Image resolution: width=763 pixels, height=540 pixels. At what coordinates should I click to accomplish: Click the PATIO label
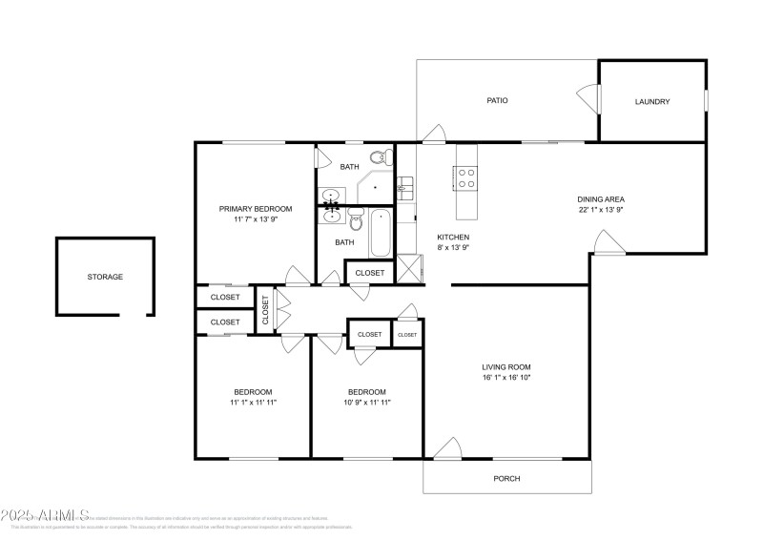pyautogui.click(x=496, y=100)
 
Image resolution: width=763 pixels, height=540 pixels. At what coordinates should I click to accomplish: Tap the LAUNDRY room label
pyautogui.click(x=652, y=101)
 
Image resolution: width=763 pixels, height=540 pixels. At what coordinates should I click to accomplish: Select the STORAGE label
pyautogui.click(x=105, y=277)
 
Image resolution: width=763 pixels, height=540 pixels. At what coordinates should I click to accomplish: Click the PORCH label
pyautogui.click(x=505, y=478)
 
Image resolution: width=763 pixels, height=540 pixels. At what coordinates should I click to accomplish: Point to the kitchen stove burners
pyautogui.click(x=468, y=177)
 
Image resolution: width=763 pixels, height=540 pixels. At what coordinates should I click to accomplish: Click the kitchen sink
pyautogui.click(x=403, y=187)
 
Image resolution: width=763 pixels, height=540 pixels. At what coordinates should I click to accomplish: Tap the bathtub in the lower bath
pyautogui.click(x=380, y=234)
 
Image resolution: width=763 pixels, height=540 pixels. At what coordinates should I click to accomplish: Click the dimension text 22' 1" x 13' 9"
pyautogui.click(x=600, y=210)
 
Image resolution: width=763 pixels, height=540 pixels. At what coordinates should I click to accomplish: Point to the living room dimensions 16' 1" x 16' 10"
pyautogui.click(x=505, y=378)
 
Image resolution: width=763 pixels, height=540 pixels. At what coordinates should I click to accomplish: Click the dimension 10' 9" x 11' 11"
pyautogui.click(x=366, y=403)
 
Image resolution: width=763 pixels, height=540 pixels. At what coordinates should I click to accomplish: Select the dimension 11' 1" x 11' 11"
pyautogui.click(x=254, y=403)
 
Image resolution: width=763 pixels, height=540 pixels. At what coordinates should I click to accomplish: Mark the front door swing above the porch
pyautogui.click(x=446, y=449)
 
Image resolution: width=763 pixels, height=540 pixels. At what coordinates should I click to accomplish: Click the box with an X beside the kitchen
pyautogui.click(x=407, y=267)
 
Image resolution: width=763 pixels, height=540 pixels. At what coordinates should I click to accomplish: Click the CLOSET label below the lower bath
pyautogui.click(x=370, y=273)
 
